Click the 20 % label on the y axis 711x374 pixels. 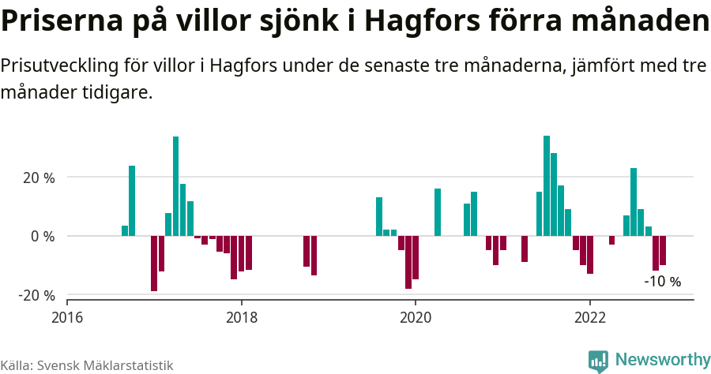39,178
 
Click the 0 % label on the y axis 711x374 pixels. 43,236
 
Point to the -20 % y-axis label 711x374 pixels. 37,295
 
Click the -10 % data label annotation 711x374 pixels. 662,282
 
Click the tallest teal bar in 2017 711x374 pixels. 175,186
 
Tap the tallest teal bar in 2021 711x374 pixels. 547,185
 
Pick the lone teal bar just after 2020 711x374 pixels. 438,212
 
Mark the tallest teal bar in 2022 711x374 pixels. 634,202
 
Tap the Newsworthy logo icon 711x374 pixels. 598,361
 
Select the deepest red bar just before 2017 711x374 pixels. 154,264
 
